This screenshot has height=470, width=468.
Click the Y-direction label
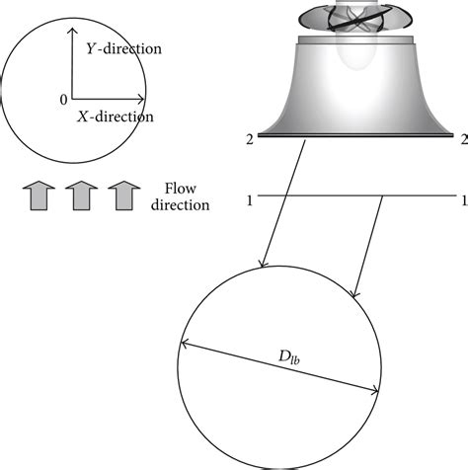[124, 48]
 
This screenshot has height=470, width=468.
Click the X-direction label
[115, 117]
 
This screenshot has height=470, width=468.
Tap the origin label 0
[63, 99]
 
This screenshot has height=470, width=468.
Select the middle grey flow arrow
[81, 195]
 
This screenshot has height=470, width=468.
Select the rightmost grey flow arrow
[122, 195]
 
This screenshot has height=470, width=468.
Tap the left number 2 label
[251, 139]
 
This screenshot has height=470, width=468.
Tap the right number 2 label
[462, 139]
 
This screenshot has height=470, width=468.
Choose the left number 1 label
[251, 201]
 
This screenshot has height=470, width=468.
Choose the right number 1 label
[462, 201]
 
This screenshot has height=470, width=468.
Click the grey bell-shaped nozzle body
[356, 89]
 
